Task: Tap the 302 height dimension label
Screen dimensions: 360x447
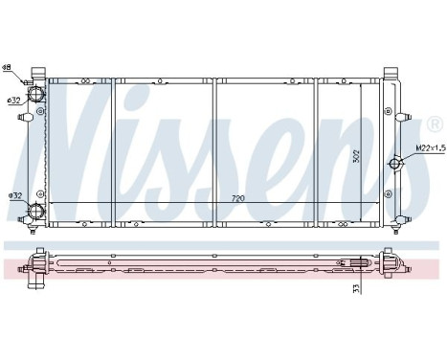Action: click(355, 156)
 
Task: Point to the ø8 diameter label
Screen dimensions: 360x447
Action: click(7, 68)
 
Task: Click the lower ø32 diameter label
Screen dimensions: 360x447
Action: click(14, 196)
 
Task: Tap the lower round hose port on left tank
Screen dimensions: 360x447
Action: click(36, 212)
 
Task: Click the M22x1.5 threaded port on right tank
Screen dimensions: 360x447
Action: click(395, 165)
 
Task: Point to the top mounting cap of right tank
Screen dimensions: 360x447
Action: click(391, 72)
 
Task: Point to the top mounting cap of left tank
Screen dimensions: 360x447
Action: click(39, 72)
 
